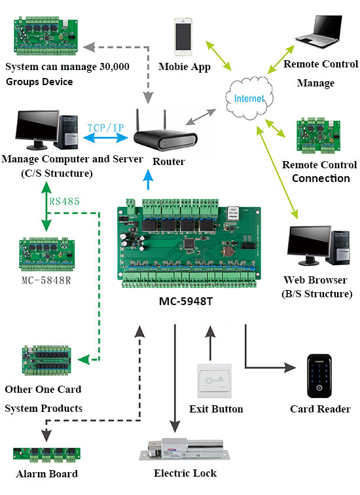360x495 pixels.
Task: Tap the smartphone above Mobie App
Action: [x=184, y=36]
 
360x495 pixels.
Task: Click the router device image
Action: [x=166, y=137]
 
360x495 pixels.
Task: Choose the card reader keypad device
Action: [x=320, y=376]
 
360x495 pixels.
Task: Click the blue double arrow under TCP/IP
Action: [x=101, y=139]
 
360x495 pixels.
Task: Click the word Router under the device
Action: [x=169, y=161]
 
